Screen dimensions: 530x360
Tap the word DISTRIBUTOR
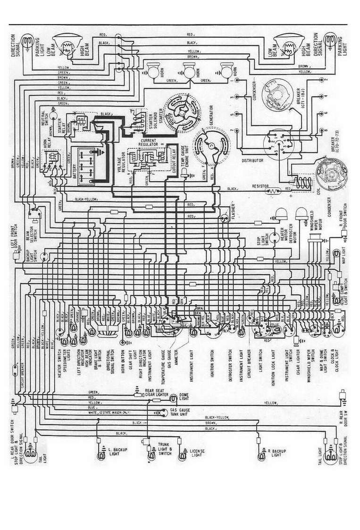tap(252, 160)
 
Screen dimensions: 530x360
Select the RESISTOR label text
tap(260, 186)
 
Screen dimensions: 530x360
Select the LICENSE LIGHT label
tap(196, 453)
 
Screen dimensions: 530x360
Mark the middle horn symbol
tap(189, 72)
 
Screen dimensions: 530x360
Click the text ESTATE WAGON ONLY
tap(114, 412)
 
